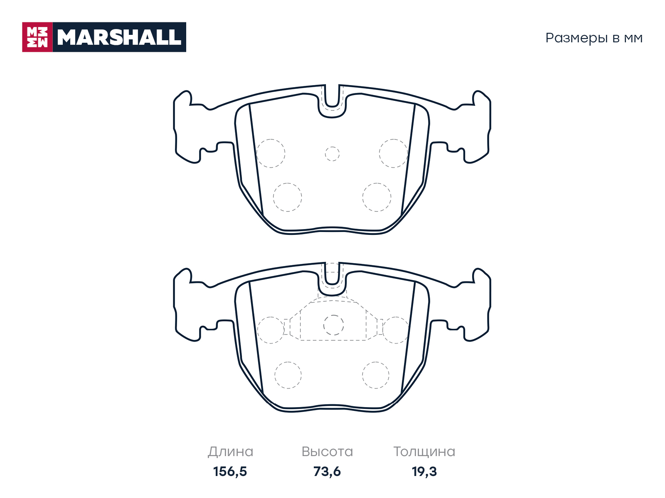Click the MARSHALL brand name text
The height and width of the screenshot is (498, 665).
(119, 37)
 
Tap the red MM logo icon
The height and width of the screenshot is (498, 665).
(37, 37)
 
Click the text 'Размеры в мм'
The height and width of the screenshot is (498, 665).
(594, 38)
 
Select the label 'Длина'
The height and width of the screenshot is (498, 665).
(230, 452)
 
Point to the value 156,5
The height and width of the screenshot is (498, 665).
(230, 472)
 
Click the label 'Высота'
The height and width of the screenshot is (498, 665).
(327, 452)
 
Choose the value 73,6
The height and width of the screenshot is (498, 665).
(327, 472)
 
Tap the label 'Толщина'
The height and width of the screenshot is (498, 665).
(424, 452)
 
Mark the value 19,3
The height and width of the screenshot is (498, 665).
(424, 472)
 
